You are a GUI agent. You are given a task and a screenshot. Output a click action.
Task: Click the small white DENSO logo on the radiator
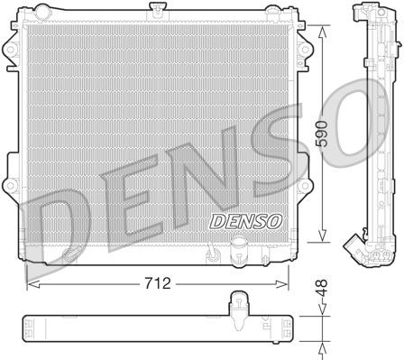point(220,219)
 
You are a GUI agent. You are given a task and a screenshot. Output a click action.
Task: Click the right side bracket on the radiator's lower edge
point(308,189)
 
